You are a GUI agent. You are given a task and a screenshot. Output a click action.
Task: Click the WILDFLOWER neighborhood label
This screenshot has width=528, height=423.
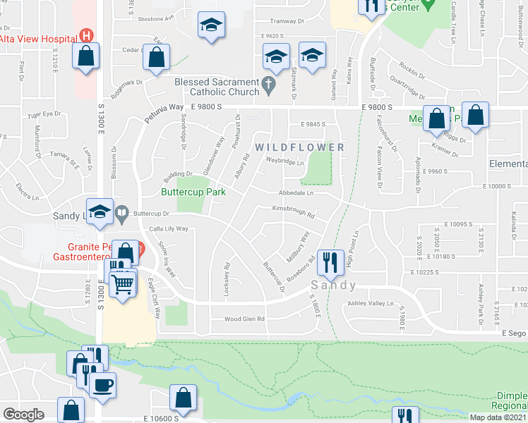(300, 147)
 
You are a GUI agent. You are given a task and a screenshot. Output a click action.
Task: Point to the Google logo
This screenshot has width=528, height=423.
(23, 415)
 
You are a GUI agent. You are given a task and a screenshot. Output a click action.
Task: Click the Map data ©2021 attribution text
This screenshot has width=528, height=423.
(498, 417)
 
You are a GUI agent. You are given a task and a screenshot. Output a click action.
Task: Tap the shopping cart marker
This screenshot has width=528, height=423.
(124, 283)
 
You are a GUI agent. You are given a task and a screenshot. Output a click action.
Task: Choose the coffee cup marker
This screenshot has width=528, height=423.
(103, 385)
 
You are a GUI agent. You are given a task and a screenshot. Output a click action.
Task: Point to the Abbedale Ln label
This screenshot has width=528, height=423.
(296, 192)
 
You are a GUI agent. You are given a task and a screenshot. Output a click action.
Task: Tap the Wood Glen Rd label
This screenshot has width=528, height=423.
(244, 319)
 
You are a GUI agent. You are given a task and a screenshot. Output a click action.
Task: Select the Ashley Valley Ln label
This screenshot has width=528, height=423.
(371, 303)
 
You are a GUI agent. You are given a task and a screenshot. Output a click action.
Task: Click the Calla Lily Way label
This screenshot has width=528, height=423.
(168, 229)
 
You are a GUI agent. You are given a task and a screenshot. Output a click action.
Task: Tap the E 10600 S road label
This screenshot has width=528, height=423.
(152, 418)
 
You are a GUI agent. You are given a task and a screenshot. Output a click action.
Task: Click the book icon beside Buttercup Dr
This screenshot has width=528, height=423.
(121, 212)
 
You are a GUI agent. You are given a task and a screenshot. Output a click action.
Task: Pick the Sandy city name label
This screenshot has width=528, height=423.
(333, 286)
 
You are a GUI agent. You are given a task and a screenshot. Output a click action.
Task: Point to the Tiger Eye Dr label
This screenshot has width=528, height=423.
(44, 114)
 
